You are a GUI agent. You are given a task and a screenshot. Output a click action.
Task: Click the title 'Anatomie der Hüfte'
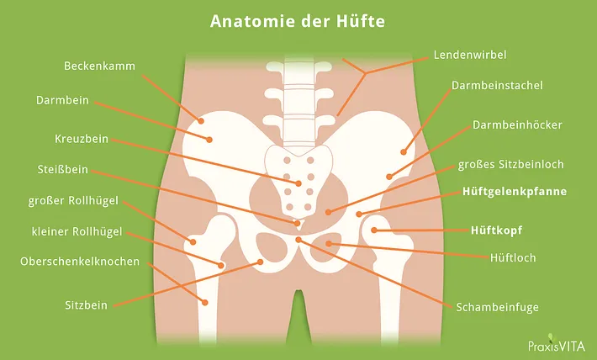point(298,21)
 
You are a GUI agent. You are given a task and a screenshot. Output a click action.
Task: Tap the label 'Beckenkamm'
point(99,66)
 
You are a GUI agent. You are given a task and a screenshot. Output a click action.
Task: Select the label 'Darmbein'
point(62,100)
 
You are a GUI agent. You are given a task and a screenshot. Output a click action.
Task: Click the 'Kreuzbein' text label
point(82,139)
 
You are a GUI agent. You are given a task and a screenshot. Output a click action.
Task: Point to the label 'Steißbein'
point(63,169)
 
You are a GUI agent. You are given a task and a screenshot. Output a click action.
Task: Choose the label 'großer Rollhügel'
point(73,201)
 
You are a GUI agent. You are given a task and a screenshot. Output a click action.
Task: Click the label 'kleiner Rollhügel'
point(77,231)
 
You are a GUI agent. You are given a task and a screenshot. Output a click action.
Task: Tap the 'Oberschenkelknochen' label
point(80,262)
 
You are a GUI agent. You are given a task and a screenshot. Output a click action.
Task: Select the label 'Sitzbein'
point(86,305)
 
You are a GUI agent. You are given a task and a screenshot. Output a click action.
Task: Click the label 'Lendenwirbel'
point(470,55)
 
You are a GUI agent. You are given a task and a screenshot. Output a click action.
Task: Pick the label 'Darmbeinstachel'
point(497,85)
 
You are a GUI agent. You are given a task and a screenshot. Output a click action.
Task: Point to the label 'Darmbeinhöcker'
point(517,125)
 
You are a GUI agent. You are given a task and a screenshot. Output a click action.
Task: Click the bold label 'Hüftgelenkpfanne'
point(515,191)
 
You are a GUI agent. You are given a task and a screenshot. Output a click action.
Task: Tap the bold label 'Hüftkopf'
point(496,230)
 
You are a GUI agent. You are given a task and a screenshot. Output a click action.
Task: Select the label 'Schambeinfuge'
point(497,307)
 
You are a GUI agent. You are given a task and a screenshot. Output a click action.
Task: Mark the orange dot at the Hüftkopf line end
point(374,230)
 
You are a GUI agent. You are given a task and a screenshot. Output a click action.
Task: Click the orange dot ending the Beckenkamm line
point(201,121)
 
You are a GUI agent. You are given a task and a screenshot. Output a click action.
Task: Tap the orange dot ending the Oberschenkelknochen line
point(205,303)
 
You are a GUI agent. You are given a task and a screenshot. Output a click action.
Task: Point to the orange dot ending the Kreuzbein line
point(298,183)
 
